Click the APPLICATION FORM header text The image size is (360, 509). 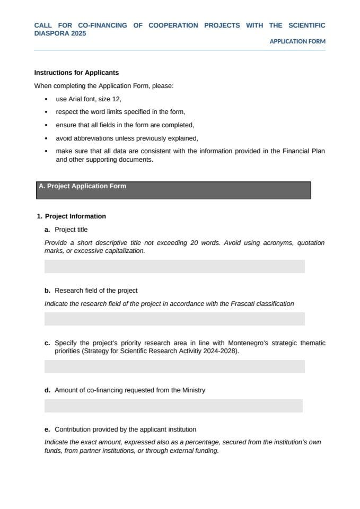(297, 41)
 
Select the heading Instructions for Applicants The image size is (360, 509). (76, 73)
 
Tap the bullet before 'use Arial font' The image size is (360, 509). (47, 99)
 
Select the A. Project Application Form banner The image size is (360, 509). (173, 190)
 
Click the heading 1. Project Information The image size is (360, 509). (72, 216)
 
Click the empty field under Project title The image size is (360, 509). (174, 266)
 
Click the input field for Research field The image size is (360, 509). (174, 319)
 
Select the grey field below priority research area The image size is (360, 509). (174, 366)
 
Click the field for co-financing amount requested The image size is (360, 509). (173, 406)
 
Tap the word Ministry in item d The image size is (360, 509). (194, 390)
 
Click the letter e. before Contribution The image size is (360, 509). (48, 429)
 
